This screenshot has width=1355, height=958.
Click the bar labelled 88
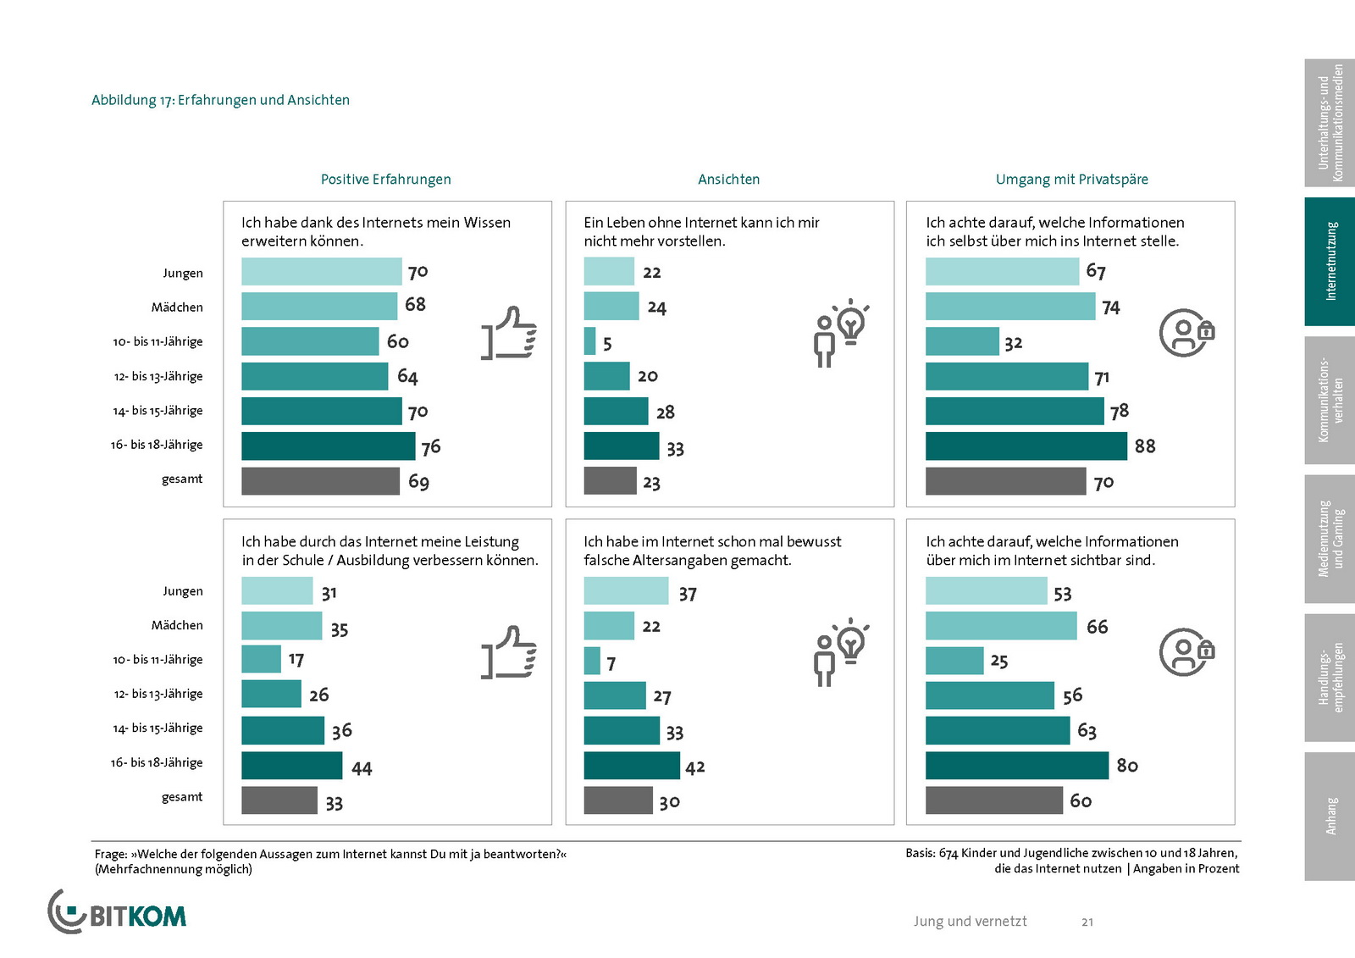pyautogui.click(x=1026, y=446)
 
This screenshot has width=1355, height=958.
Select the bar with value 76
pyautogui.click(x=328, y=446)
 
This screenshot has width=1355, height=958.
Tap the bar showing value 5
pyautogui.click(x=589, y=341)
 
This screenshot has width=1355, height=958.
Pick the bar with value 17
pyautogui.click(x=261, y=659)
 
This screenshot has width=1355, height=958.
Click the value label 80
pyautogui.click(x=1127, y=766)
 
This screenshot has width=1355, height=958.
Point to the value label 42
pyautogui.click(x=695, y=767)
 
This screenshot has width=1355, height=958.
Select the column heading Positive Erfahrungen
pyautogui.click(x=385, y=180)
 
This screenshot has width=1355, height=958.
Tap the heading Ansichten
pyautogui.click(x=728, y=180)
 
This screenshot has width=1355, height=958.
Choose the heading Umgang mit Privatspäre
pyautogui.click(x=1071, y=180)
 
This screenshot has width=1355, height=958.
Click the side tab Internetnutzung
pyautogui.click(x=1330, y=262)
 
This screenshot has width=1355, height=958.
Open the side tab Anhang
pyautogui.click(x=1330, y=816)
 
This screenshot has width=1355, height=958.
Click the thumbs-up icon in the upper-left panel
pyautogui.click(x=510, y=333)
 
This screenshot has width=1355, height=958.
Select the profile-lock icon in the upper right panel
pyautogui.click(x=1186, y=333)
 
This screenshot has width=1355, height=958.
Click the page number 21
pyautogui.click(x=1087, y=922)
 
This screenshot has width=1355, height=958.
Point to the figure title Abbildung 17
pyautogui.click(x=220, y=100)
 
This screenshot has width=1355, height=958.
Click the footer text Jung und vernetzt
pyautogui.click(x=970, y=921)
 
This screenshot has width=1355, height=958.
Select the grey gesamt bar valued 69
pyautogui.click(x=320, y=481)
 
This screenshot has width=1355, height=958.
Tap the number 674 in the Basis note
pyautogui.click(x=948, y=853)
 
